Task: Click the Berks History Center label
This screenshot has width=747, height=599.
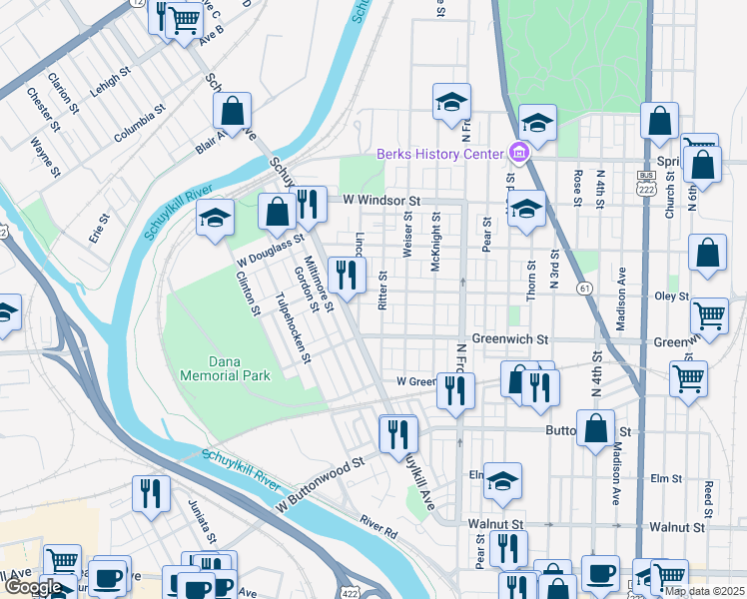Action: click(x=440, y=154)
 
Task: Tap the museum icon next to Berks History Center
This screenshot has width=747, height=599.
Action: click(x=518, y=153)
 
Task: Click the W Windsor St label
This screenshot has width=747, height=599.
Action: click(x=378, y=201)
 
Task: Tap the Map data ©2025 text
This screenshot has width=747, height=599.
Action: click(x=704, y=591)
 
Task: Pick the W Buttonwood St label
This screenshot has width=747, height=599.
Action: click(x=317, y=480)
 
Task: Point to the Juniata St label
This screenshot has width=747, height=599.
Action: click(x=201, y=522)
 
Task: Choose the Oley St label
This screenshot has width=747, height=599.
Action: click(x=671, y=297)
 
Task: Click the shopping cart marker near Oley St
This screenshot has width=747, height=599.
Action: click(x=709, y=314)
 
